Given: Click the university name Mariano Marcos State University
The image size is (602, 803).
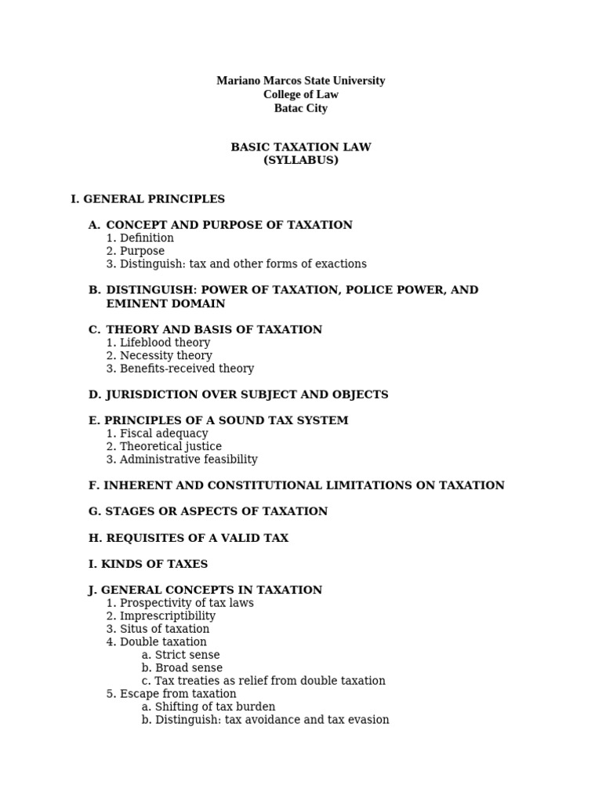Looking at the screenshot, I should click(x=300, y=81).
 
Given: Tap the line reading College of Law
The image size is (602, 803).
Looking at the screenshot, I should click(x=300, y=95).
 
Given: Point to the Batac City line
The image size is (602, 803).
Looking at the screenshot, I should click(x=300, y=108).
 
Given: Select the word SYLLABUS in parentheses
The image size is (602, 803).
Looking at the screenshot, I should click(x=300, y=160).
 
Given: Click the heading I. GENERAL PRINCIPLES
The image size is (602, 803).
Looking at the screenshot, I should click(x=147, y=199).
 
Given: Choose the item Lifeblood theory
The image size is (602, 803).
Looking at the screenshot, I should click(x=165, y=343).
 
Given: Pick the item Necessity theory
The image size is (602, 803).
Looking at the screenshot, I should click(x=165, y=355).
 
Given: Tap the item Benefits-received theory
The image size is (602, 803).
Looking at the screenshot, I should click(x=187, y=369).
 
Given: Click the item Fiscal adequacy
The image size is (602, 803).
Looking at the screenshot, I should click(x=164, y=434).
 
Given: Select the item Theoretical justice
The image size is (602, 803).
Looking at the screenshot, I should click(x=170, y=446).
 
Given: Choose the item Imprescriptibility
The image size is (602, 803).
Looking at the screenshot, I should click(x=167, y=616).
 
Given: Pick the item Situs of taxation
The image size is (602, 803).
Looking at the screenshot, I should click(x=165, y=629).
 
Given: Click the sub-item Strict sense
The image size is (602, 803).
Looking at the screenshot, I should click(x=187, y=655).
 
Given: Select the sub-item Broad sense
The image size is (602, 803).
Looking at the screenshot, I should click(x=188, y=668).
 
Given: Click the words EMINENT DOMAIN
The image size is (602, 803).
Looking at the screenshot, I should click(x=165, y=303).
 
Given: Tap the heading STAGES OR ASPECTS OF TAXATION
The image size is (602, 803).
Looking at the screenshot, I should click(x=208, y=511).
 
